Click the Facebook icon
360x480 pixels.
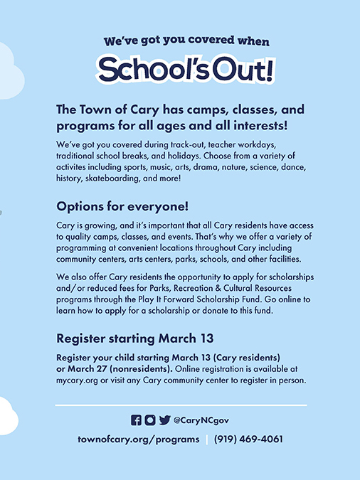point(136,420)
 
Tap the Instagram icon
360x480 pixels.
point(150,420)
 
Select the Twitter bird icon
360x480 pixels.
point(164,420)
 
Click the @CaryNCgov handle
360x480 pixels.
point(201,420)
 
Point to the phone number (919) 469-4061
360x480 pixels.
point(248,439)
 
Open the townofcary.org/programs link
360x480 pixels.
point(139,439)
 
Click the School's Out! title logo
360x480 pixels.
point(186,70)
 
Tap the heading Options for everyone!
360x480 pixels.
point(122,206)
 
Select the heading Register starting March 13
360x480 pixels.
point(134,338)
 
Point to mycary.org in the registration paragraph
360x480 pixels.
point(77,380)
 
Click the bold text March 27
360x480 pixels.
point(87,369)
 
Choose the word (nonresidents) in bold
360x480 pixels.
point(141,369)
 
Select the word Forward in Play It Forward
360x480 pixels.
point(179,299)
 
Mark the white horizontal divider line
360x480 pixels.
point(181,405)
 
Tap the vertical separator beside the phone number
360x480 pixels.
point(206,439)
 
